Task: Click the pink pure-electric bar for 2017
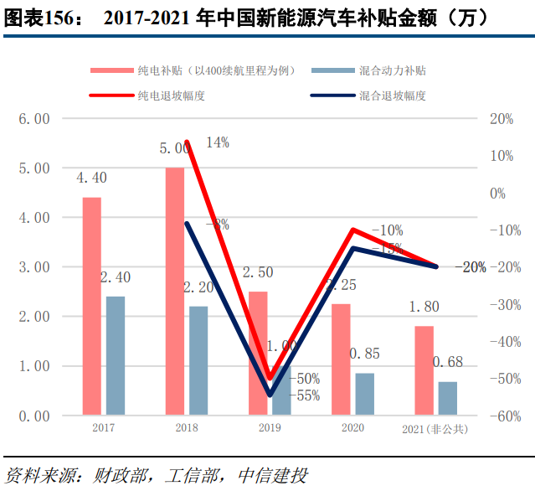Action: (91, 306)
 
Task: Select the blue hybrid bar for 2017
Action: (116, 356)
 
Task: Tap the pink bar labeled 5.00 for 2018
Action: (175, 291)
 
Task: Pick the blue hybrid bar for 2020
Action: (365, 394)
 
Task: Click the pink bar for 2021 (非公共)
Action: (424, 370)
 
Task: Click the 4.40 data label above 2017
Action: (91, 178)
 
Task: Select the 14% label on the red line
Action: (217, 142)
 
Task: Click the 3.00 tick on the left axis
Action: (34, 267)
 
